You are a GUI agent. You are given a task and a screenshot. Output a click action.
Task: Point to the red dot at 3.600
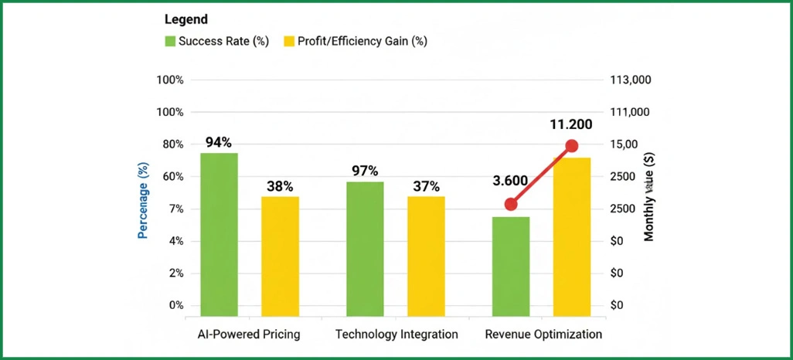(x=511, y=205)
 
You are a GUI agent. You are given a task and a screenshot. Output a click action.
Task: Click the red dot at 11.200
(x=572, y=146)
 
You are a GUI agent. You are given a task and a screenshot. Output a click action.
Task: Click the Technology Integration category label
(x=396, y=335)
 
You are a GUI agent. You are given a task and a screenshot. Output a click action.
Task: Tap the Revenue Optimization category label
(x=543, y=335)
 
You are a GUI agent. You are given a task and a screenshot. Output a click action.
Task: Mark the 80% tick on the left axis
(x=170, y=144)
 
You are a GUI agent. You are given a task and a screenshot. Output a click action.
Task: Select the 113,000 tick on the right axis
(x=631, y=80)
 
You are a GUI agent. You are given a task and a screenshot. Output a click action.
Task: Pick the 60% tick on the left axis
(x=170, y=177)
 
